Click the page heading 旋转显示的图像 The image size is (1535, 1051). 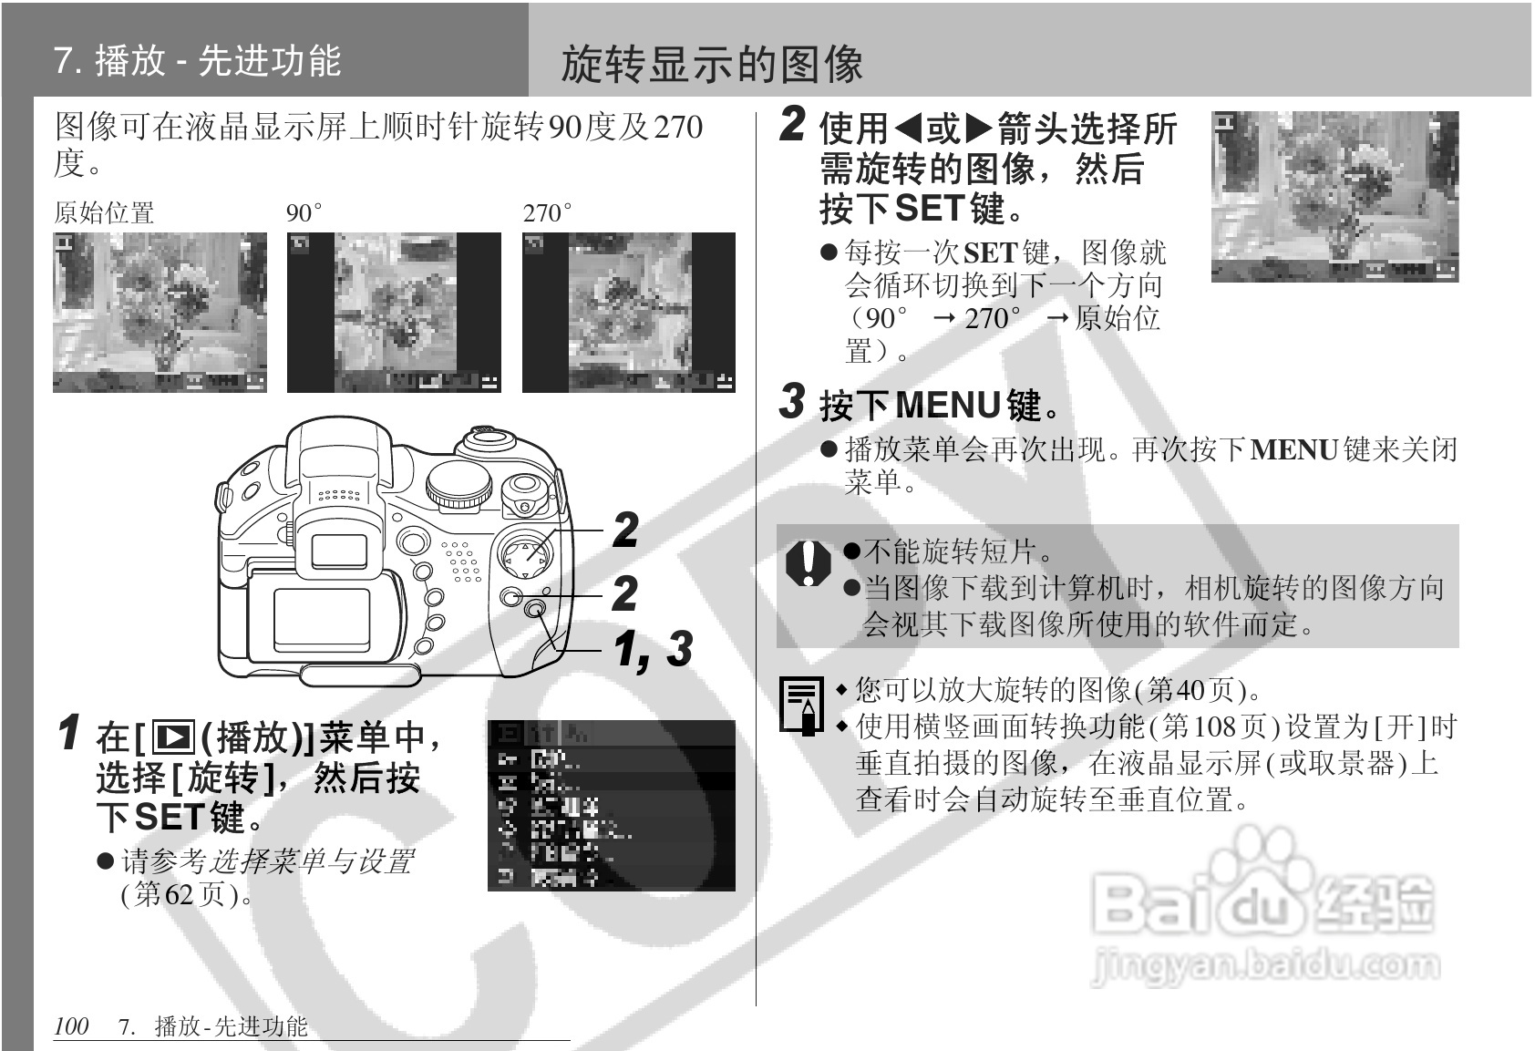tap(712, 64)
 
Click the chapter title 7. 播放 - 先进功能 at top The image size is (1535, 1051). tap(197, 60)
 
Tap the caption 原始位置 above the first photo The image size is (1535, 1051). tap(104, 212)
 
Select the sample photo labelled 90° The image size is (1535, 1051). tap(394, 312)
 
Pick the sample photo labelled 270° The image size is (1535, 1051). tap(628, 312)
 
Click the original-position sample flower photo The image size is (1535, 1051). tap(160, 312)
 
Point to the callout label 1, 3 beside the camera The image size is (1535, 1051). tap(653, 649)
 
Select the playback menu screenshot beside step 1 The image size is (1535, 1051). tap(611, 805)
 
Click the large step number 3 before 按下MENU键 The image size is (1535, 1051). tap(793, 402)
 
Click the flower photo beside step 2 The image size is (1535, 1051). tap(1334, 196)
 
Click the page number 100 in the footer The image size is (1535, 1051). tap(71, 1026)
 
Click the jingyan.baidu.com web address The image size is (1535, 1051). tap(1266, 965)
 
